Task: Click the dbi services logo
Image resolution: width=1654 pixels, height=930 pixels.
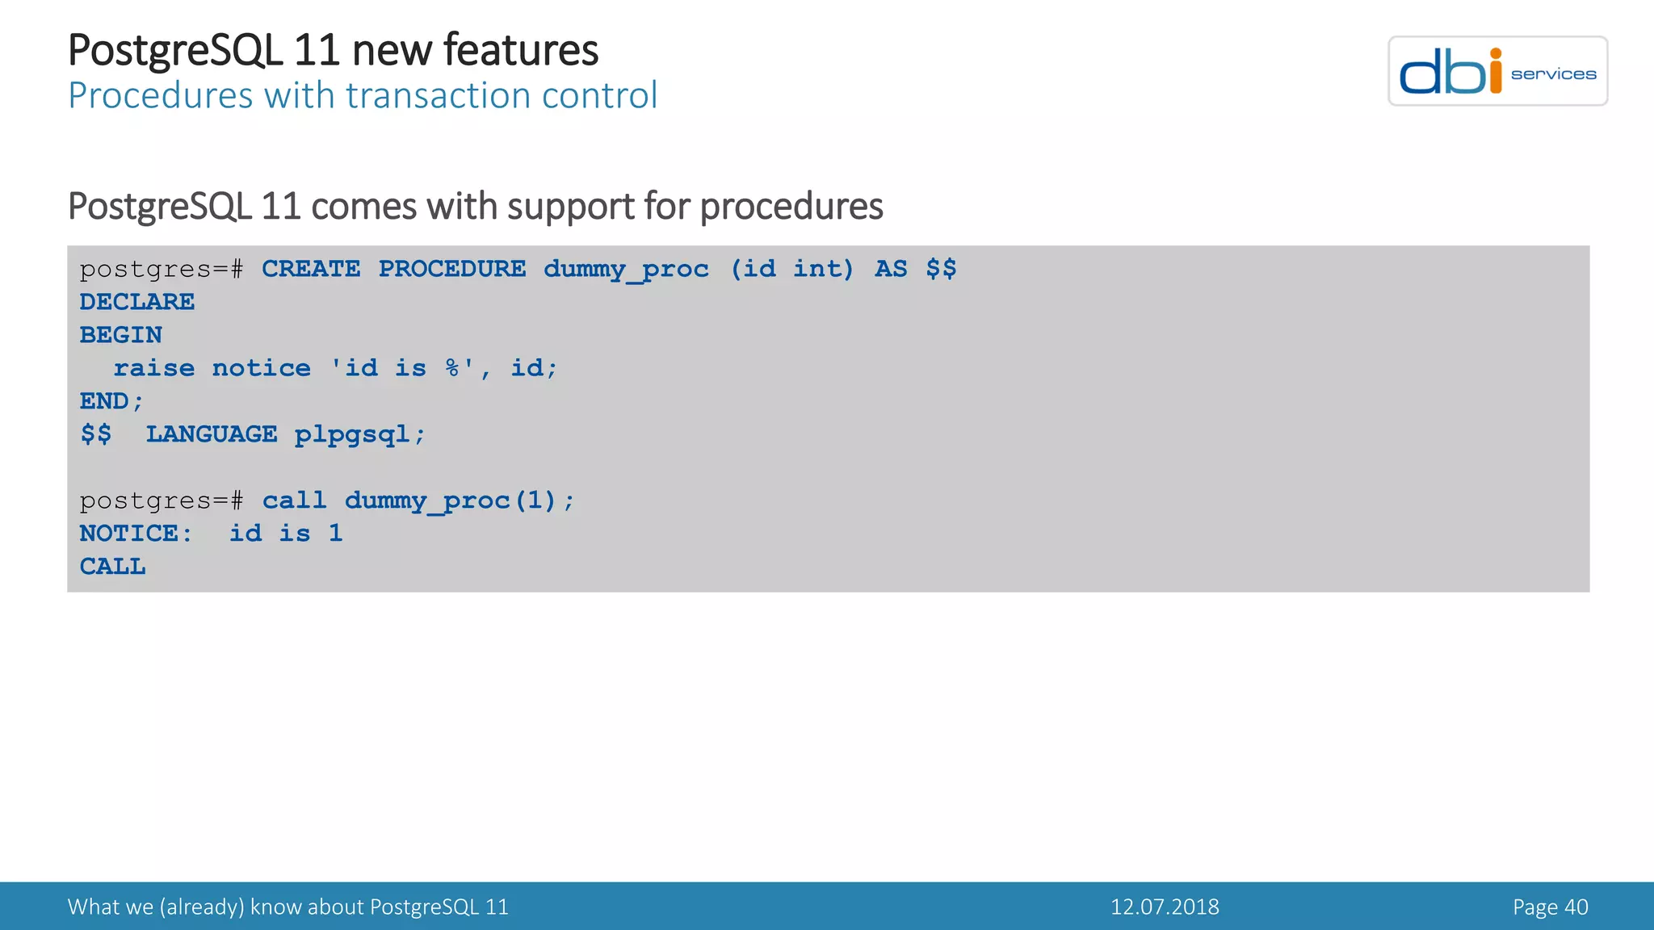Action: point(1497,71)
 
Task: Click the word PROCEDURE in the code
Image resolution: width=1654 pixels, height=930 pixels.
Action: point(451,269)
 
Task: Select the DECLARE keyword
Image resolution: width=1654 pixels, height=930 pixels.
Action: point(136,302)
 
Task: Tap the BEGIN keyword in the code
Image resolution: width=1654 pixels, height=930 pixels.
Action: point(120,335)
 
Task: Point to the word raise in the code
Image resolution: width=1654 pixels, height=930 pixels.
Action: point(153,368)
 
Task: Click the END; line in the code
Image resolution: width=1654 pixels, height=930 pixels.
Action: point(111,401)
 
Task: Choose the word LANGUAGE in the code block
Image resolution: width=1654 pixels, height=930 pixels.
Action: point(211,434)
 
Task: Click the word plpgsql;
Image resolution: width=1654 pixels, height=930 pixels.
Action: point(359,435)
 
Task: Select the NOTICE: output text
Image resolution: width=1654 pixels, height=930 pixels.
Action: point(136,534)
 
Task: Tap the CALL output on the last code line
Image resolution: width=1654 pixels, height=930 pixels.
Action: point(112,567)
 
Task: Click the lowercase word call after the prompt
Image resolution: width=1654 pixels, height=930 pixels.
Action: point(294,501)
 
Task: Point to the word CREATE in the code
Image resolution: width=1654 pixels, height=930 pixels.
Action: point(310,269)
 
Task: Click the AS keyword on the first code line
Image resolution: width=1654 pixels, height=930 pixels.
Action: point(890,269)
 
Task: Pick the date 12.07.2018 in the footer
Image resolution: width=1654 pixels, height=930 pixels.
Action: point(1164,907)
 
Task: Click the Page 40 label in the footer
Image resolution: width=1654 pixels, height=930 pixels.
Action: point(1550,907)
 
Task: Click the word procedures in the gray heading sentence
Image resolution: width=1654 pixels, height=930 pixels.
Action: point(791,207)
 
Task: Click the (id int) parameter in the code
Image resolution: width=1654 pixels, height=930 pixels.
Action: point(791,269)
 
